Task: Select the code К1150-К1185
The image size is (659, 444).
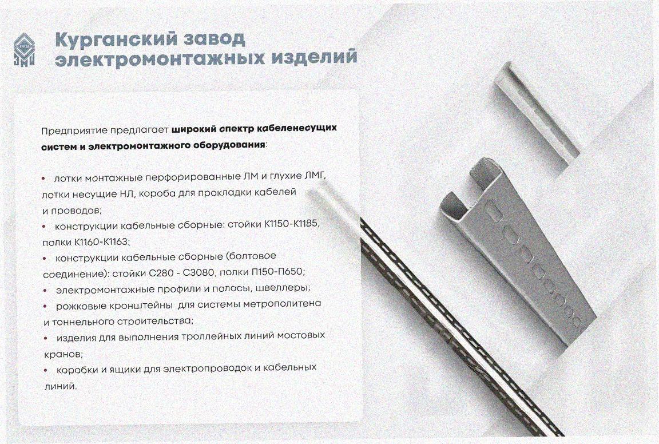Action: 292,224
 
